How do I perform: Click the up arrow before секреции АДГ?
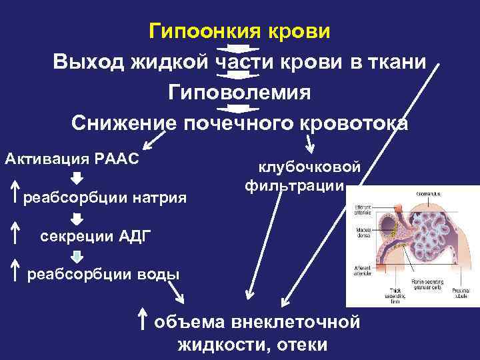coord(14,234)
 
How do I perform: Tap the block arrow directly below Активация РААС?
coord(77,178)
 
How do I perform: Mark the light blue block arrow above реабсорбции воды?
coord(77,255)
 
